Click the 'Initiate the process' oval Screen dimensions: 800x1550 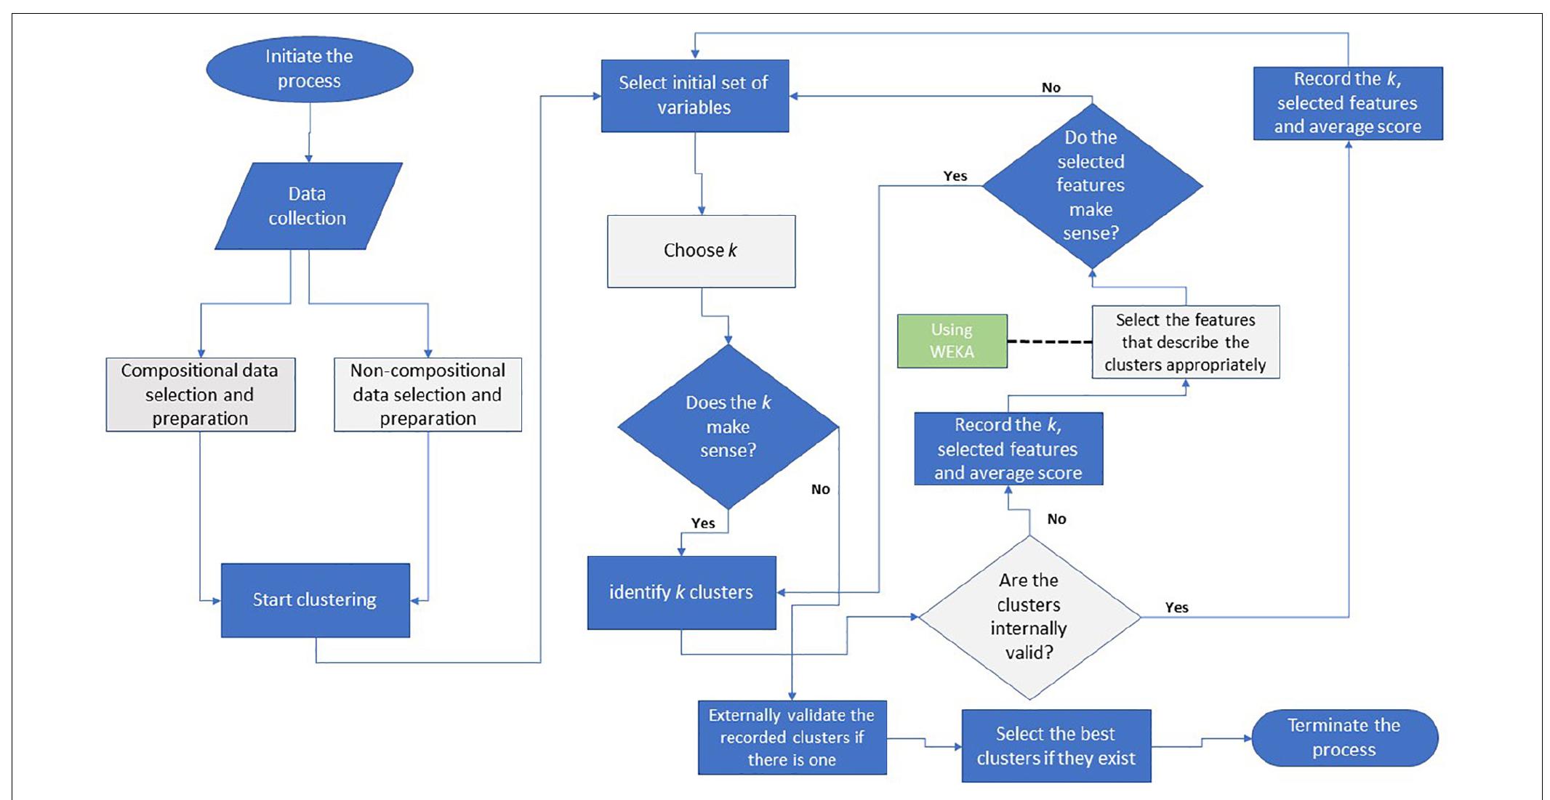coord(310,69)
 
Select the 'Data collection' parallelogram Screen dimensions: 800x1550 coord(308,206)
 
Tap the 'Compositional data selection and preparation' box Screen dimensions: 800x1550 coord(201,395)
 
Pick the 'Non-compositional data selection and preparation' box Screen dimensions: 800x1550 coord(427,395)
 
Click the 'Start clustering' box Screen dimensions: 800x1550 coord(315,600)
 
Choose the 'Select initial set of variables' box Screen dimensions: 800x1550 coord(694,95)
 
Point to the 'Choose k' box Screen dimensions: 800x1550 coord(701,251)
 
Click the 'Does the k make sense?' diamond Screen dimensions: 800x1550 coord(728,427)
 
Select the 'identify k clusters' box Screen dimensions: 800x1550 coord(681,592)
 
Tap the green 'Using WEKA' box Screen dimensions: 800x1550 coord(952,341)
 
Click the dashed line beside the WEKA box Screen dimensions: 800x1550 coord(1049,342)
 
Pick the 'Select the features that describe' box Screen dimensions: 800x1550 coord(1185,342)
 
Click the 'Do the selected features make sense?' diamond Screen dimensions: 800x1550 coord(1091,185)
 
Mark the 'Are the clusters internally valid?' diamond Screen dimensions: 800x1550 coord(1029,617)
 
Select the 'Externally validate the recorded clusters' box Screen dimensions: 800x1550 coord(792,738)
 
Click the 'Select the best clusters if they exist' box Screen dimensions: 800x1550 coord(1056,746)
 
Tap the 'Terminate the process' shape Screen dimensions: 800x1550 coord(1344,738)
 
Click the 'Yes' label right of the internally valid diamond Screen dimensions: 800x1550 coord(1176,607)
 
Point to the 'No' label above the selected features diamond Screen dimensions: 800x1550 coord(1051,87)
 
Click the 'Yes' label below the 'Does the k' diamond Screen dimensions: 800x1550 coord(702,523)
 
